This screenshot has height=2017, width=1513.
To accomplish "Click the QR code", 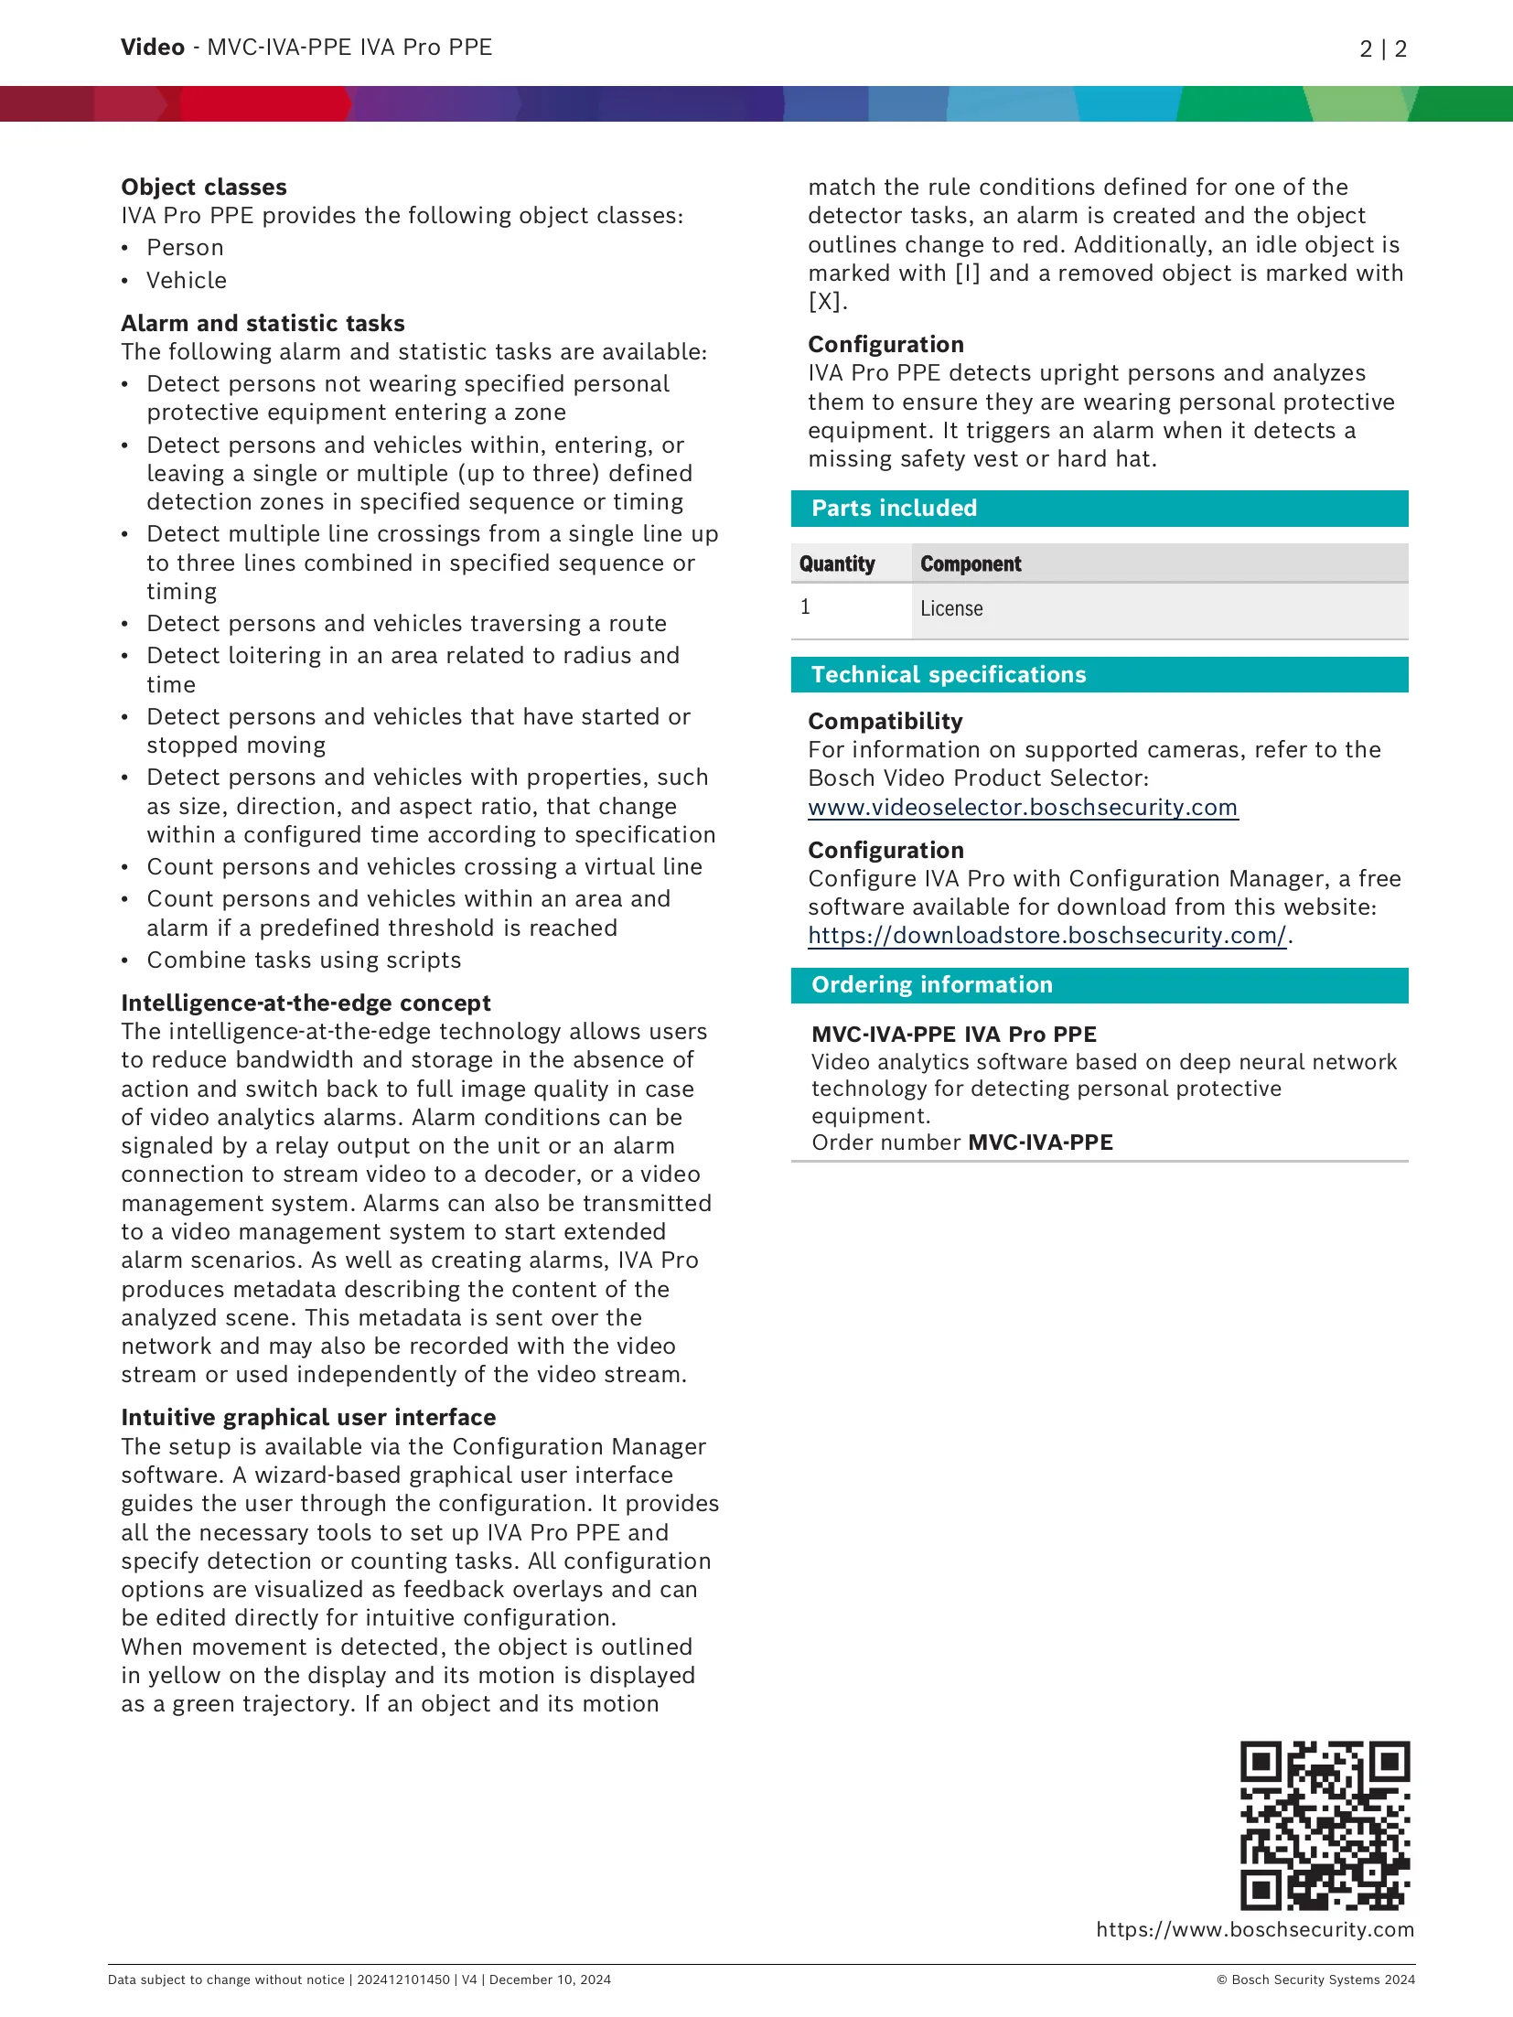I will [1324, 1824].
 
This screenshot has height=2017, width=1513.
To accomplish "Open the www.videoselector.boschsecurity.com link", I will [1023, 808].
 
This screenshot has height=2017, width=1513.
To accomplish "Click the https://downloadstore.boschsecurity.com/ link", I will [1047, 936].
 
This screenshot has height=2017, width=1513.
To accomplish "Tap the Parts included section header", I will [1099, 509].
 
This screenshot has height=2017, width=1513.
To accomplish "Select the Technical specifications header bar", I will [1099, 675].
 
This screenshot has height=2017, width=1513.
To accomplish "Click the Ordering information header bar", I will [1099, 985].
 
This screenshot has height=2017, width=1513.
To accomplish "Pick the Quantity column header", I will [837, 564].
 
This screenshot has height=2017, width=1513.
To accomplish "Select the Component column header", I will [971, 564].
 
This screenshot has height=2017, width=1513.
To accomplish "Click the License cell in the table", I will [951, 609].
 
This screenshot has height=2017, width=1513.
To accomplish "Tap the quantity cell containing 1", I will [805, 607].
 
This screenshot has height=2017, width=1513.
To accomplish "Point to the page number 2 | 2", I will [1383, 48].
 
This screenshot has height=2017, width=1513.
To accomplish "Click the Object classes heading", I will [204, 188].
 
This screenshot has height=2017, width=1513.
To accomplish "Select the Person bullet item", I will [185, 248].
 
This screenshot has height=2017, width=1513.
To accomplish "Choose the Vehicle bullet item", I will [187, 281].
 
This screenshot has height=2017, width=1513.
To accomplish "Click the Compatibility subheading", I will [885, 722].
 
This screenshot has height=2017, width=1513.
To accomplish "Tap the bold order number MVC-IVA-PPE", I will [1040, 1143].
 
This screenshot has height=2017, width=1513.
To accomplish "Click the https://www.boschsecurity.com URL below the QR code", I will [1255, 1929].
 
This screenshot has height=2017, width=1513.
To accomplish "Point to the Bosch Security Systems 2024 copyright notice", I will [1315, 1979].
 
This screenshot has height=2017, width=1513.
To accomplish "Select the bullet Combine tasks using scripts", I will [304, 960].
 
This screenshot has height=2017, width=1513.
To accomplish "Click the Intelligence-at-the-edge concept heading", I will [306, 1003].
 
